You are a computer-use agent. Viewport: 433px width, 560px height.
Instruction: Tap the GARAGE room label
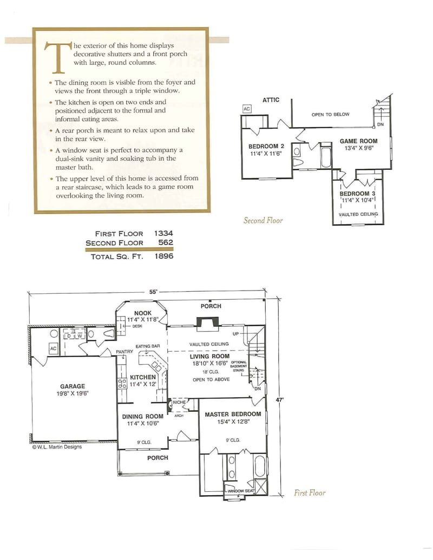pyautogui.click(x=72, y=386)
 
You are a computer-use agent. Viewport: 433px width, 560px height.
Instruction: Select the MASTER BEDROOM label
pyautogui.click(x=233, y=414)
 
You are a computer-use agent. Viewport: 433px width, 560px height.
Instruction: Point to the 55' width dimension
pyautogui.click(x=153, y=292)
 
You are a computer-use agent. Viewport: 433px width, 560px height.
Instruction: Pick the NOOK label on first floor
pyautogui.click(x=142, y=313)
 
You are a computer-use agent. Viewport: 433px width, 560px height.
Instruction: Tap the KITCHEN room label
pyautogui.click(x=143, y=377)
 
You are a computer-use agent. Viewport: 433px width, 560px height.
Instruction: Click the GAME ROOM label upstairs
pyautogui.click(x=358, y=141)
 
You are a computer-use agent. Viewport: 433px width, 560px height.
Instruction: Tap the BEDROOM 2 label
pyautogui.click(x=266, y=147)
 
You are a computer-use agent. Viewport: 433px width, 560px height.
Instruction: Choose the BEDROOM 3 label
pyautogui.click(x=357, y=194)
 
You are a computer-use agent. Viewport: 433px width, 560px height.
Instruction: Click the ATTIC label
pyautogui.click(x=271, y=100)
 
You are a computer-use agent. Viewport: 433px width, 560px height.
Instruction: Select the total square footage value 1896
pyautogui.click(x=163, y=256)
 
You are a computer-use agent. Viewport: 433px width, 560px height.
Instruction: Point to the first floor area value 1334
pyautogui.click(x=163, y=233)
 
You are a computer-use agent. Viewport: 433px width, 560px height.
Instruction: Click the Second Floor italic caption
pyautogui.click(x=263, y=220)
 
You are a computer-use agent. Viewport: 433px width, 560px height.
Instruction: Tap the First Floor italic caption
pyautogui.click(x=310, y=492)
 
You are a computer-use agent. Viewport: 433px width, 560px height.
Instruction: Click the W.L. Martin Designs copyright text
pyautogui.click(x=57, y=446)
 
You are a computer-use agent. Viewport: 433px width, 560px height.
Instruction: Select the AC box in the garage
pyautogui.click(x=53, y=349)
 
